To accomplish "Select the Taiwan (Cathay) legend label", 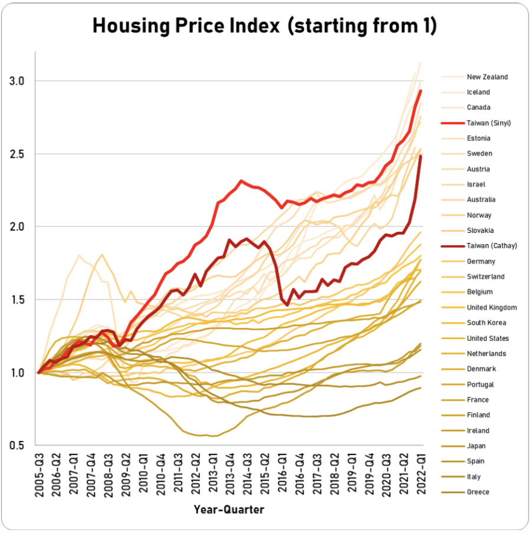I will (491, 246).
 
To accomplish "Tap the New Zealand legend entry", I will (487, 77).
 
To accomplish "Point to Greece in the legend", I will (478, 492).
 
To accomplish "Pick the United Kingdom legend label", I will (492, 307).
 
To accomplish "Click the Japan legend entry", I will (477, 446).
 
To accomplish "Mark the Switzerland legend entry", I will (485, 277).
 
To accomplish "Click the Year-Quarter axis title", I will (229, 509).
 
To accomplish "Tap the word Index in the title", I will (254, 27).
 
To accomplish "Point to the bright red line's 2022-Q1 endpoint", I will (421, 91).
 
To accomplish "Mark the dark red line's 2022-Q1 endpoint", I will (421, 157).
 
